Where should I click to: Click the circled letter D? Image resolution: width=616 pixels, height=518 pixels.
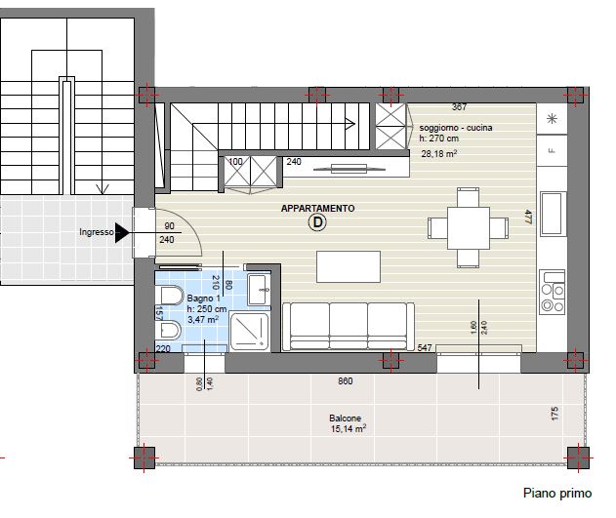(x=317, y=222)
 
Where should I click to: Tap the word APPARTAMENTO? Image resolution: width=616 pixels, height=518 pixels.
(x=318, y=209)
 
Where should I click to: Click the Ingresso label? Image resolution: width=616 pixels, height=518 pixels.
(x=97, y=232)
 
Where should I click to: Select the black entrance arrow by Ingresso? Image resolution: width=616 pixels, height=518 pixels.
(x=122, y=233)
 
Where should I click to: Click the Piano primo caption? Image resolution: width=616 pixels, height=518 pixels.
(x=557, y=493)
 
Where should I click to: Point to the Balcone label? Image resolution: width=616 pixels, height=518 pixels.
(x=345, y=418)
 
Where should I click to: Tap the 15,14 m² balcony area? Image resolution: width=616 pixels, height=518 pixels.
(x=349, y=428)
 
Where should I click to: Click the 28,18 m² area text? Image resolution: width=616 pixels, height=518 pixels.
(x=439, y=153)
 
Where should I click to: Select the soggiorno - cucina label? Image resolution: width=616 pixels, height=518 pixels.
(x=456, y=128)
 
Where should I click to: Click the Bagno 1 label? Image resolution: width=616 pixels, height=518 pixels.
(x=203, y=299)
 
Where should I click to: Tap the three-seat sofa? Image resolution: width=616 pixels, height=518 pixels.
(x=349, y=327)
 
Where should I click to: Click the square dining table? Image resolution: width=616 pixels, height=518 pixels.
(x=469, y=228)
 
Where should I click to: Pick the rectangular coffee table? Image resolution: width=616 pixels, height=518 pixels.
(x=349, y=267)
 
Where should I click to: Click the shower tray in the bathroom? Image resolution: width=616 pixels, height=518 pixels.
(x=250, y=331)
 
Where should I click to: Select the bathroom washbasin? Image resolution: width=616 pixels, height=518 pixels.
(x=259, y=290)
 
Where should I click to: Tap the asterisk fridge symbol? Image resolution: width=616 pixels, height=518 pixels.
(x=553, y=118)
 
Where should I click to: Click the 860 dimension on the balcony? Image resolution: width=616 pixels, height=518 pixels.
(x=346, y=381)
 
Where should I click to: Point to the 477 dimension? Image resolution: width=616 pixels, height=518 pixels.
(x=528, y=217)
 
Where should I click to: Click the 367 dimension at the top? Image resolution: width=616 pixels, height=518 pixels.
(x=459, y=106)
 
